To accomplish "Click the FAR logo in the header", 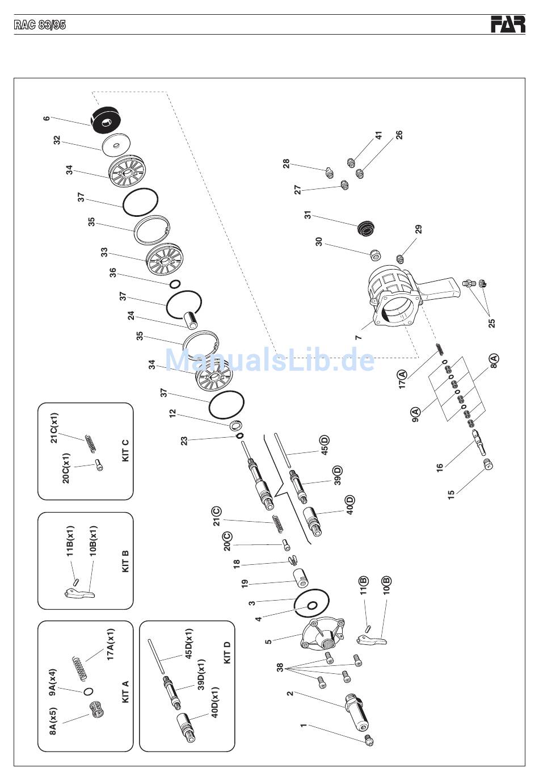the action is pyautogui.click(x=508, y=24).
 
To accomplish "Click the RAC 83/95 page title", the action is pyautogui.click(x=40, y=25).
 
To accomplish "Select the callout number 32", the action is pyautogui.click(x=57, y=140).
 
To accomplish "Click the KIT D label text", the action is pyautogui.click(x=227, y=652).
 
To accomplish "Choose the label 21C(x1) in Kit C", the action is pyautogui.click(x=54, y=427).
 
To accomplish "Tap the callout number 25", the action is pyautogui.click(x=491, y=323).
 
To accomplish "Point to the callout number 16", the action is pyautogui.click(x=440, y=467).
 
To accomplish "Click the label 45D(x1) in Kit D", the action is pyautogui.click(x=188, y=644).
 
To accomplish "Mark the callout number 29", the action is pyautogui.click(x=419, y=229).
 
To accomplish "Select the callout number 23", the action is pyautogui.click(x=184, y=441).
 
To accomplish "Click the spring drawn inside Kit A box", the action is pyautogui.click(x=79, y=668).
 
